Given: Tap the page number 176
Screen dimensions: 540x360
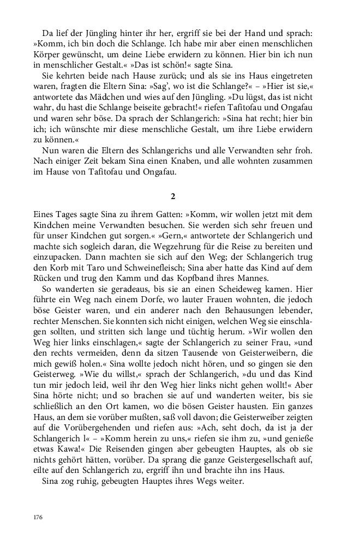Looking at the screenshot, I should pos(37,517).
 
